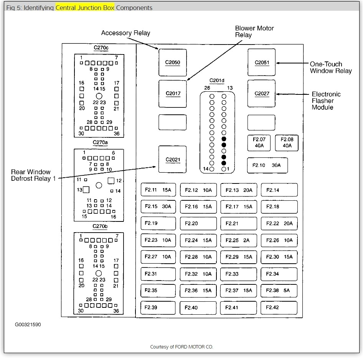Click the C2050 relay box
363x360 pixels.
coord(173,63)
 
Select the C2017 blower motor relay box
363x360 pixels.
coord(173,94)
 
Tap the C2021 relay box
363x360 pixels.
coord(173,160)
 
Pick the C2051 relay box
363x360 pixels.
coord(262,63)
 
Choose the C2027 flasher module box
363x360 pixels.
coord(262,94)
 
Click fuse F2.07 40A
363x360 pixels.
coord(259,143)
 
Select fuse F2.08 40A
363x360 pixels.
coord(287,143)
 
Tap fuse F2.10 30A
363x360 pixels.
coord(267,165)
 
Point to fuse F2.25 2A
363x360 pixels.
coord(238,240)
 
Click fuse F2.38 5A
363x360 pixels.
coord(279,291)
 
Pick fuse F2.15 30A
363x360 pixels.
coord(158,206)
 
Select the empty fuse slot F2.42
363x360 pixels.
coord(279,307)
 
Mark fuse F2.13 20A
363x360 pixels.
coord(238,190)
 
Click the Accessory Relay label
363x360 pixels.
coord(125,33)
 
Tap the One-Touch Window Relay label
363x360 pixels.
coord(330,68)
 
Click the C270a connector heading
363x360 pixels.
coord(100,142)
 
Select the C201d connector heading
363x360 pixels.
coord(217,81)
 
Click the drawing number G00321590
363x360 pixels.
coord(28,325)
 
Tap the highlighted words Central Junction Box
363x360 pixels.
coord(85,8)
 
